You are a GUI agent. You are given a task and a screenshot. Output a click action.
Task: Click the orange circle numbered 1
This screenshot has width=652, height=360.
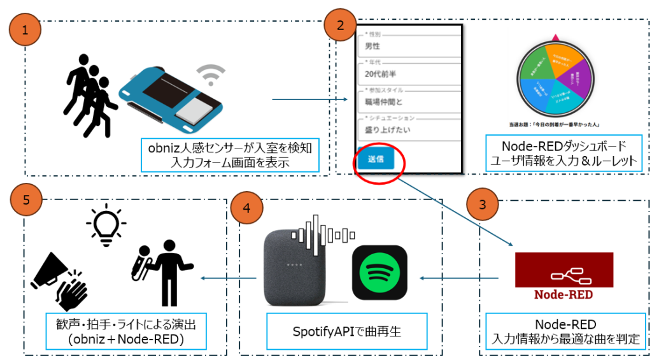(x=24, y=29)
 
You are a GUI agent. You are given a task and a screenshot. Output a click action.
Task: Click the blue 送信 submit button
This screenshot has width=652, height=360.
(x=375, y=159)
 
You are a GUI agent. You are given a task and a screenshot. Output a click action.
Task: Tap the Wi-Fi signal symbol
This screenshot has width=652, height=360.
(x=209, y=75)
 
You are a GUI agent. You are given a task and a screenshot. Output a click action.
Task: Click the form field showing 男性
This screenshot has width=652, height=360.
(x=407, y=46)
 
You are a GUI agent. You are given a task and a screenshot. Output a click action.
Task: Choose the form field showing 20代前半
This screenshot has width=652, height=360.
(x=407, y=74)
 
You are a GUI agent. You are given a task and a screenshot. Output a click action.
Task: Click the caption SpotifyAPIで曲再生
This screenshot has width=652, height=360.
(x=340, y=331)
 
